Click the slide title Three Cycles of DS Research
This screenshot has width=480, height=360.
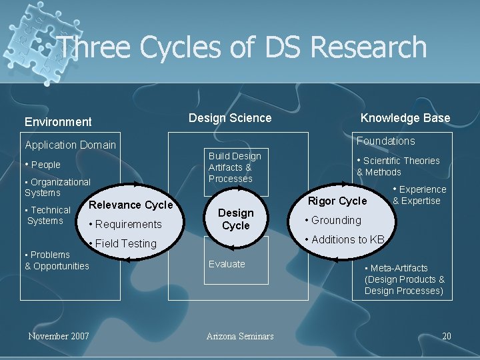241,47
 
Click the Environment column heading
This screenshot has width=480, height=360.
58,121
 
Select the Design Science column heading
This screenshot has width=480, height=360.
230,118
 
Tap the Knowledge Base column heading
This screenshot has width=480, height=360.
405,118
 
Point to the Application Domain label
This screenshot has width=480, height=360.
70,145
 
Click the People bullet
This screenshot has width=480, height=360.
43,165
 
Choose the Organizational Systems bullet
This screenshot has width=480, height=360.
57,187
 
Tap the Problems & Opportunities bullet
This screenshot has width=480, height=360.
57,261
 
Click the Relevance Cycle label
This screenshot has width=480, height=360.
131,205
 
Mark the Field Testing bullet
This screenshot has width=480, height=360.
123,243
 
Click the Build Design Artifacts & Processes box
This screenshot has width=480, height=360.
235,167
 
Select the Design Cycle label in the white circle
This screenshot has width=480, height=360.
236,219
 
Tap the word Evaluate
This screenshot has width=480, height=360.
227,264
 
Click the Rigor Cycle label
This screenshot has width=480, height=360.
337,201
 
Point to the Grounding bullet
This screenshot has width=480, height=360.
333,220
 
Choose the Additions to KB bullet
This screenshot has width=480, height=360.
345,239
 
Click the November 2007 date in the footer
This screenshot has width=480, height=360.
59,336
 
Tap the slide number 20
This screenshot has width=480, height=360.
447,336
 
